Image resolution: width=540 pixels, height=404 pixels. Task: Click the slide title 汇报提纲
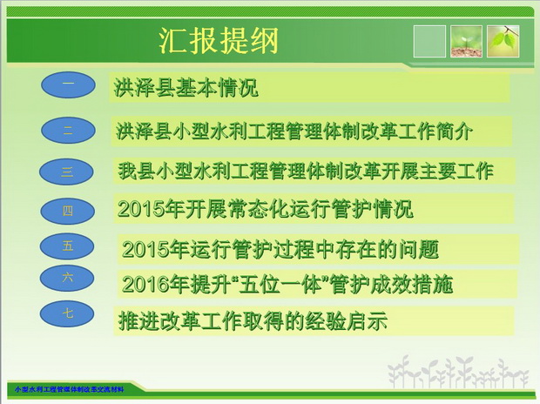219,41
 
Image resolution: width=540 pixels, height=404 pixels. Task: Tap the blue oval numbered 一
68,84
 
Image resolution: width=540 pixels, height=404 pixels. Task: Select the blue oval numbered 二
68,131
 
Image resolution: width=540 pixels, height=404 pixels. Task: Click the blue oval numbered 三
66,172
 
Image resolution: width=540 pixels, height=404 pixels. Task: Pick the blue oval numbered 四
68,211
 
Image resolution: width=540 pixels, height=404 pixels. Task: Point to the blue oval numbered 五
67,246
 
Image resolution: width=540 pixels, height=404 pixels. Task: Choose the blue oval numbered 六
67,278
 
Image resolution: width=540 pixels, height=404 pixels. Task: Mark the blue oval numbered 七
67,313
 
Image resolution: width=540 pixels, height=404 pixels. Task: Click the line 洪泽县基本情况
186,88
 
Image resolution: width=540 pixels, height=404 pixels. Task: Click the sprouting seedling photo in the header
466,41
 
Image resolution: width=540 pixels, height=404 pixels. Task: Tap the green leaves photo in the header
503,41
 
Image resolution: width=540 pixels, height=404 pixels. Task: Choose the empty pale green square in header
429,41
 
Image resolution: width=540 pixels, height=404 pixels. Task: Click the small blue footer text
69,389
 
